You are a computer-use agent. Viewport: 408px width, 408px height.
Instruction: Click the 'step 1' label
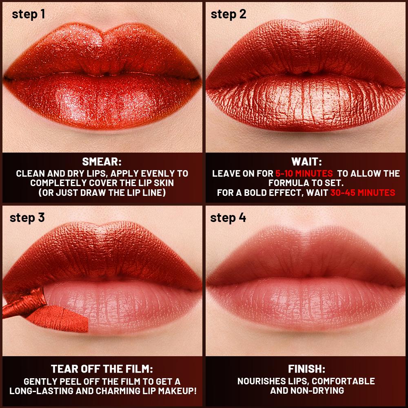[x=29, y=14]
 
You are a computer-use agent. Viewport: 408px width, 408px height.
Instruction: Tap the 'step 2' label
[x=228, y=14]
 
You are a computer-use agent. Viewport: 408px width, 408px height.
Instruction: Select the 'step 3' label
[x=27, y=217]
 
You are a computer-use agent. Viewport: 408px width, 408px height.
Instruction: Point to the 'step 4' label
[x=228, y=217]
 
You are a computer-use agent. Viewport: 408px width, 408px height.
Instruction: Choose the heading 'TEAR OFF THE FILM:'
[x=102, y=369]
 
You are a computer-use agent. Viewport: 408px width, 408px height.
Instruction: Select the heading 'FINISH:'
[x=306, y=369]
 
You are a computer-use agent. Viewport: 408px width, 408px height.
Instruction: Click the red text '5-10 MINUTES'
[x=304, y=173]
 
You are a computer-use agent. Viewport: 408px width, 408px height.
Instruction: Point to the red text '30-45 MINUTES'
[x=362, y=193]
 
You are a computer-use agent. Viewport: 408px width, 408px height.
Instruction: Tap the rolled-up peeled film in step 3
[x=24, y=304]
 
